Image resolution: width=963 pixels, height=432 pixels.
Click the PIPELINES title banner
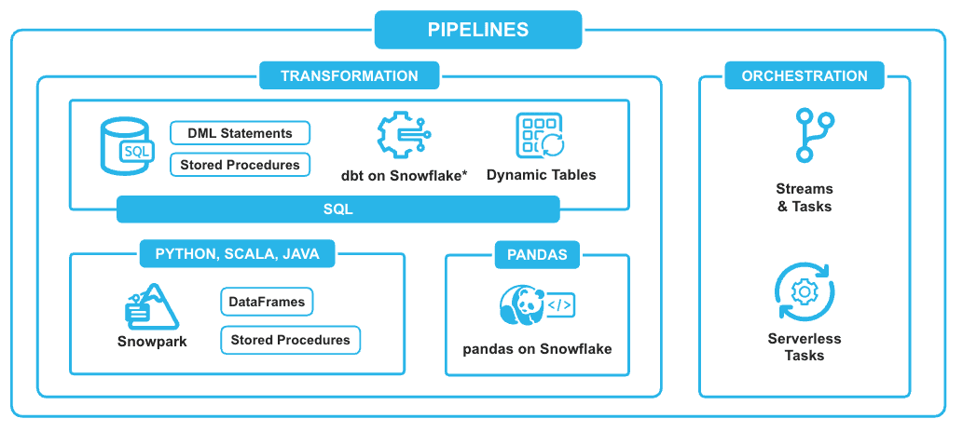[477, 29]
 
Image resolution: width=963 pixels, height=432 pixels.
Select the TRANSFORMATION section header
[349, 76]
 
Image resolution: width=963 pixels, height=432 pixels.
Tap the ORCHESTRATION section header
[804, 76]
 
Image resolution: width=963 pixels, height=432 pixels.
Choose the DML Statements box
[240, 133]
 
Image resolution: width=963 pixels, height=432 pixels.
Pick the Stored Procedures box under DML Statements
[240, 165]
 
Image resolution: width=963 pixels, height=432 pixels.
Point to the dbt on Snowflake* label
[404, 175]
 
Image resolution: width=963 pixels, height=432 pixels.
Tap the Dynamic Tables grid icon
[540, 136]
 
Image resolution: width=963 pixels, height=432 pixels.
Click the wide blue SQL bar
[337, 209]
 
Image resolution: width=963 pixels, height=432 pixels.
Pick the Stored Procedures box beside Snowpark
[290, 340]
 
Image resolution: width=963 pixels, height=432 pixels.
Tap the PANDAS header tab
[537, 254]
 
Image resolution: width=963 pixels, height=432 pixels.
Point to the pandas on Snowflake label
[537, 349]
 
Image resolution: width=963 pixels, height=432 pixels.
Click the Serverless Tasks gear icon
[804, 291]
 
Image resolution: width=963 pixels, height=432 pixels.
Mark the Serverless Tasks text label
[804, 346]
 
